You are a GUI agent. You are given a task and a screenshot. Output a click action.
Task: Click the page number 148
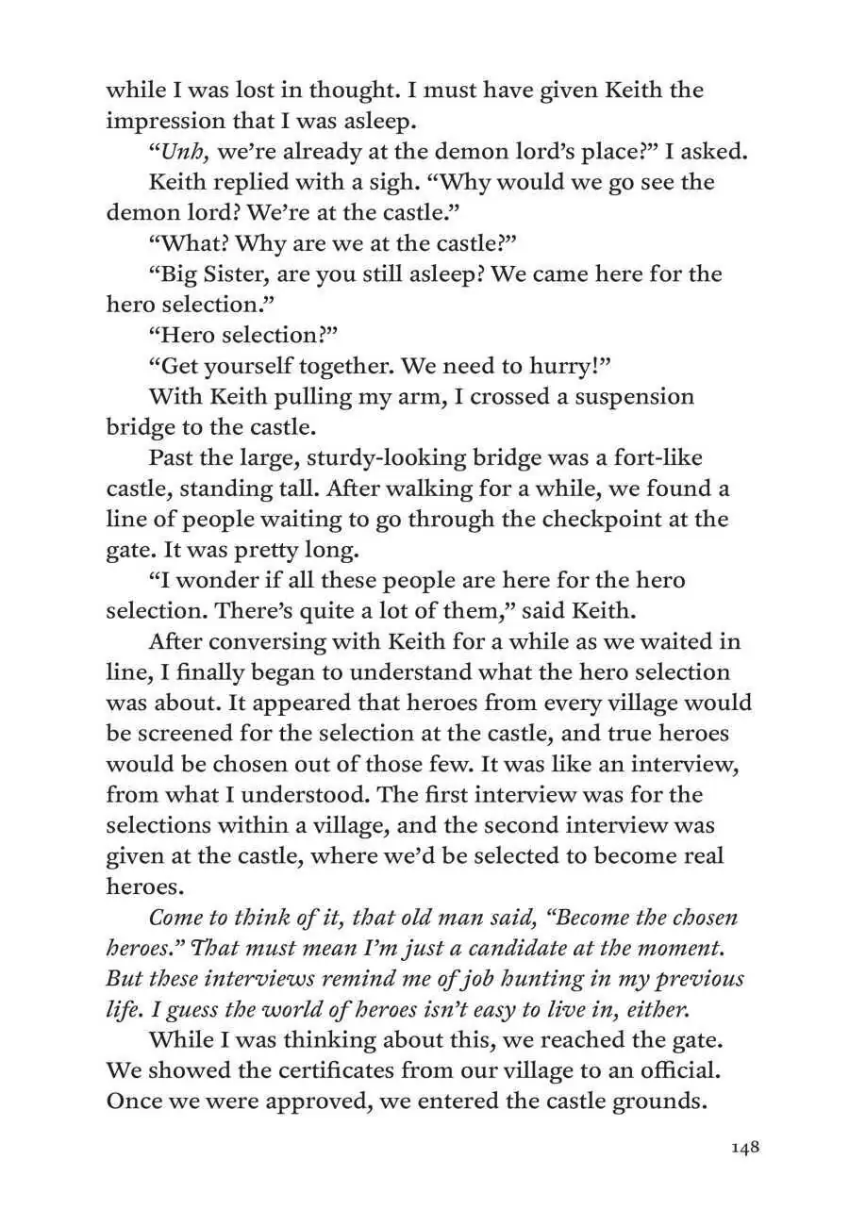click(744, 1148)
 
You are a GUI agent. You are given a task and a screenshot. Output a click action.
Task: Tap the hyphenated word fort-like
click(650, 458)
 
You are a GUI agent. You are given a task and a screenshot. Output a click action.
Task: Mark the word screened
click(197, 733)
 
